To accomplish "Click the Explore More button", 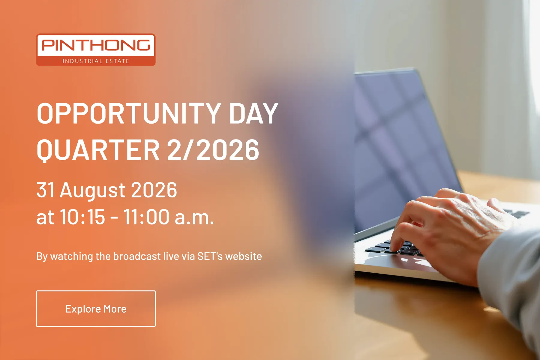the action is (96, 308).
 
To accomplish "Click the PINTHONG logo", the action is (96, 49).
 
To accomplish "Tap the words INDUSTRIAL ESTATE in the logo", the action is (96, 61).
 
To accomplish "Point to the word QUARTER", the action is (98, 150).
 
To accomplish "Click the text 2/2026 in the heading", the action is (213, 150).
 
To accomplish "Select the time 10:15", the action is (83, 217).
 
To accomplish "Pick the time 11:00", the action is (146, 217).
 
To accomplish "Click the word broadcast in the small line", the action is (137, 256).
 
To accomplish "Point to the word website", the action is (244, 256).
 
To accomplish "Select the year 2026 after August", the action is (154, 190).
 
